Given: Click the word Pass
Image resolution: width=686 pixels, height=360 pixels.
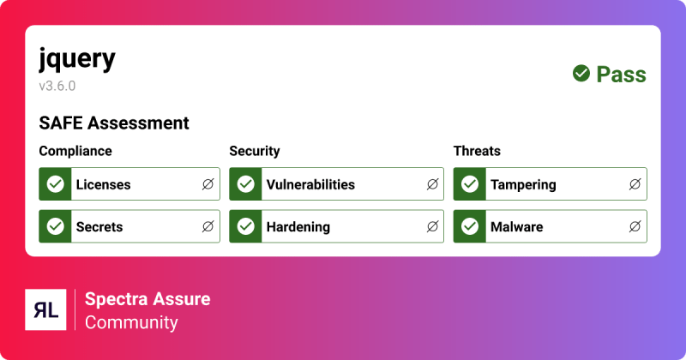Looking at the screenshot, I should (x=622, y=75).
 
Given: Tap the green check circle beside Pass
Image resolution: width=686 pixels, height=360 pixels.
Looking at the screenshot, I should (x=581, y=74).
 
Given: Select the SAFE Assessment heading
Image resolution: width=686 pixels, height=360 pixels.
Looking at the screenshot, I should (x=114, y=123).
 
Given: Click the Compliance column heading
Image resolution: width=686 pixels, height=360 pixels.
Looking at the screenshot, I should (x=75, y=151).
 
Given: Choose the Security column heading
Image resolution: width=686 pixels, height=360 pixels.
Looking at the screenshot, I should (x=255, y=151).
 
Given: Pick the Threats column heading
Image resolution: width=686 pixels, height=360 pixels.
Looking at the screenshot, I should (x=477, y=151).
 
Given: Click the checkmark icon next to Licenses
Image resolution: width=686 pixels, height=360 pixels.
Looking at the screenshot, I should (x=56, y=184).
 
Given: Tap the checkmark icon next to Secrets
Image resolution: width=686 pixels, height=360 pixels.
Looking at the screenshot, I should (x=56, y=227).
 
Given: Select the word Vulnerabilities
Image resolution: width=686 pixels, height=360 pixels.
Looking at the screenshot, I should (x=310, y=184).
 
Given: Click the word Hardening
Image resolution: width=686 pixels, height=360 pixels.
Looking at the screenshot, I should (x=298, y=227).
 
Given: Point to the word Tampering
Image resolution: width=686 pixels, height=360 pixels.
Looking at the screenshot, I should (x=523, y=184).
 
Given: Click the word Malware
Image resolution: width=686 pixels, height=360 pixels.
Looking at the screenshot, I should (x=516, y=227).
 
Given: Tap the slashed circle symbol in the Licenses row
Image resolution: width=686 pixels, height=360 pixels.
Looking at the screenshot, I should (x=208, y=184).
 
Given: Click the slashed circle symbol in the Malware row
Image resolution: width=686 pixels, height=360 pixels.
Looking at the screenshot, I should (x=635, y=227).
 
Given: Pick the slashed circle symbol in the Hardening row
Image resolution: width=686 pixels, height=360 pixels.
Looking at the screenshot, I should (x=432, y=227).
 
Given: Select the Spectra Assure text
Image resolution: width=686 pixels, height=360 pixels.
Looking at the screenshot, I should (x=147, y=299).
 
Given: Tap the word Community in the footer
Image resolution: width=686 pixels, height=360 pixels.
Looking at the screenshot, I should (x=131, y=323).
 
